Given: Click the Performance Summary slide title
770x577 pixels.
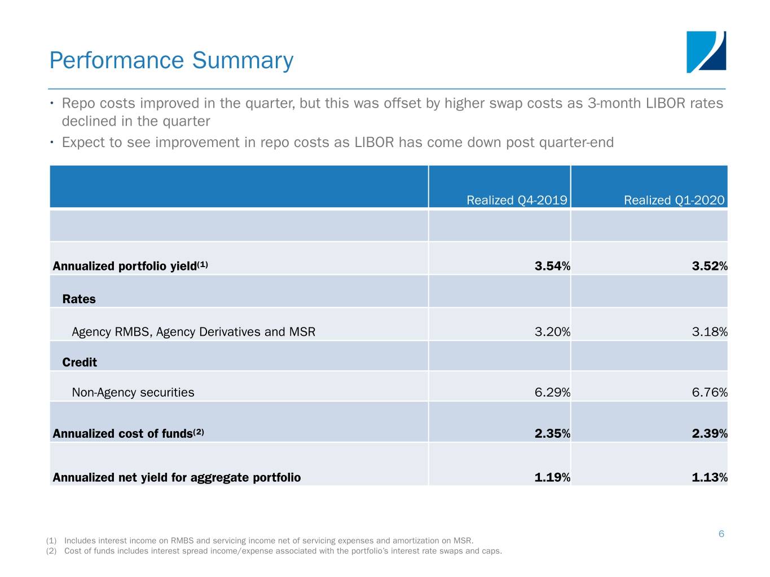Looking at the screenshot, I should pyautogui.click(x=171, y=60).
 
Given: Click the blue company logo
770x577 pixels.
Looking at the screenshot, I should pyautogui.click(x=706, y=52).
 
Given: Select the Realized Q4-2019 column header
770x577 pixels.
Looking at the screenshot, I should pyautogui.click(x=516, y=200).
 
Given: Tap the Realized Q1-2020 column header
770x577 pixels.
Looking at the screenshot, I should pyautogui.click(x=674, y=200).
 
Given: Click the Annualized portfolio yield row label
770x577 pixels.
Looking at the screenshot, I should pyautogui.click(x=130, y=266).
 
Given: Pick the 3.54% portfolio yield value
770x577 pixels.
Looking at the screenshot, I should pyautogui.click(x=552, y=266).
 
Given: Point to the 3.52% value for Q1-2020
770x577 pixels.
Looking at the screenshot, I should pyautogui.click(x=709, y=266).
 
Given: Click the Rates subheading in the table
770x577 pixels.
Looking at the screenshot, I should pyautogui.click(x=79, y=299).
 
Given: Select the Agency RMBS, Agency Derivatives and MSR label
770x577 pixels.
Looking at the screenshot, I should pyautogui.click(x=193, y=332).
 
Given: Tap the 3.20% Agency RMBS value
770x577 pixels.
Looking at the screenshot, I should pyautogui.click(x=552, y=332).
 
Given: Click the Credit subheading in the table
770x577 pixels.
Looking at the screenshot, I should pyautogui.click(x=80, y=362).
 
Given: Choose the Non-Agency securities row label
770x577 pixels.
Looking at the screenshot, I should pyautogui.click(x=133, y=392).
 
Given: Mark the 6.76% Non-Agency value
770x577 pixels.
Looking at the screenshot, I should pyautogui.click(x=709, y=392).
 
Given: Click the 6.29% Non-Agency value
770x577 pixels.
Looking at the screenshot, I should pyautogui.click(x=552, y=392).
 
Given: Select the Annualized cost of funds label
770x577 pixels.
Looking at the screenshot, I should pyautogui.click(x=128, y=433).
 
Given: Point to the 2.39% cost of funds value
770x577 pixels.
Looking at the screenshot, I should pyautogui.click(x=709, y=433).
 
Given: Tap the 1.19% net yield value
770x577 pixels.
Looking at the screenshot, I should pyautogui.click(x=552, y=477).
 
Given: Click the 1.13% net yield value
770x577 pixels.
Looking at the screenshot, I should pyautogui.click(x=709, y=477).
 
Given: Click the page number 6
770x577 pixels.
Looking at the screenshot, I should pyautogui.click(x=721, y=534).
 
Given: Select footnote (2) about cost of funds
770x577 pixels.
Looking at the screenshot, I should pyautogui.click(x=274, y=551).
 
